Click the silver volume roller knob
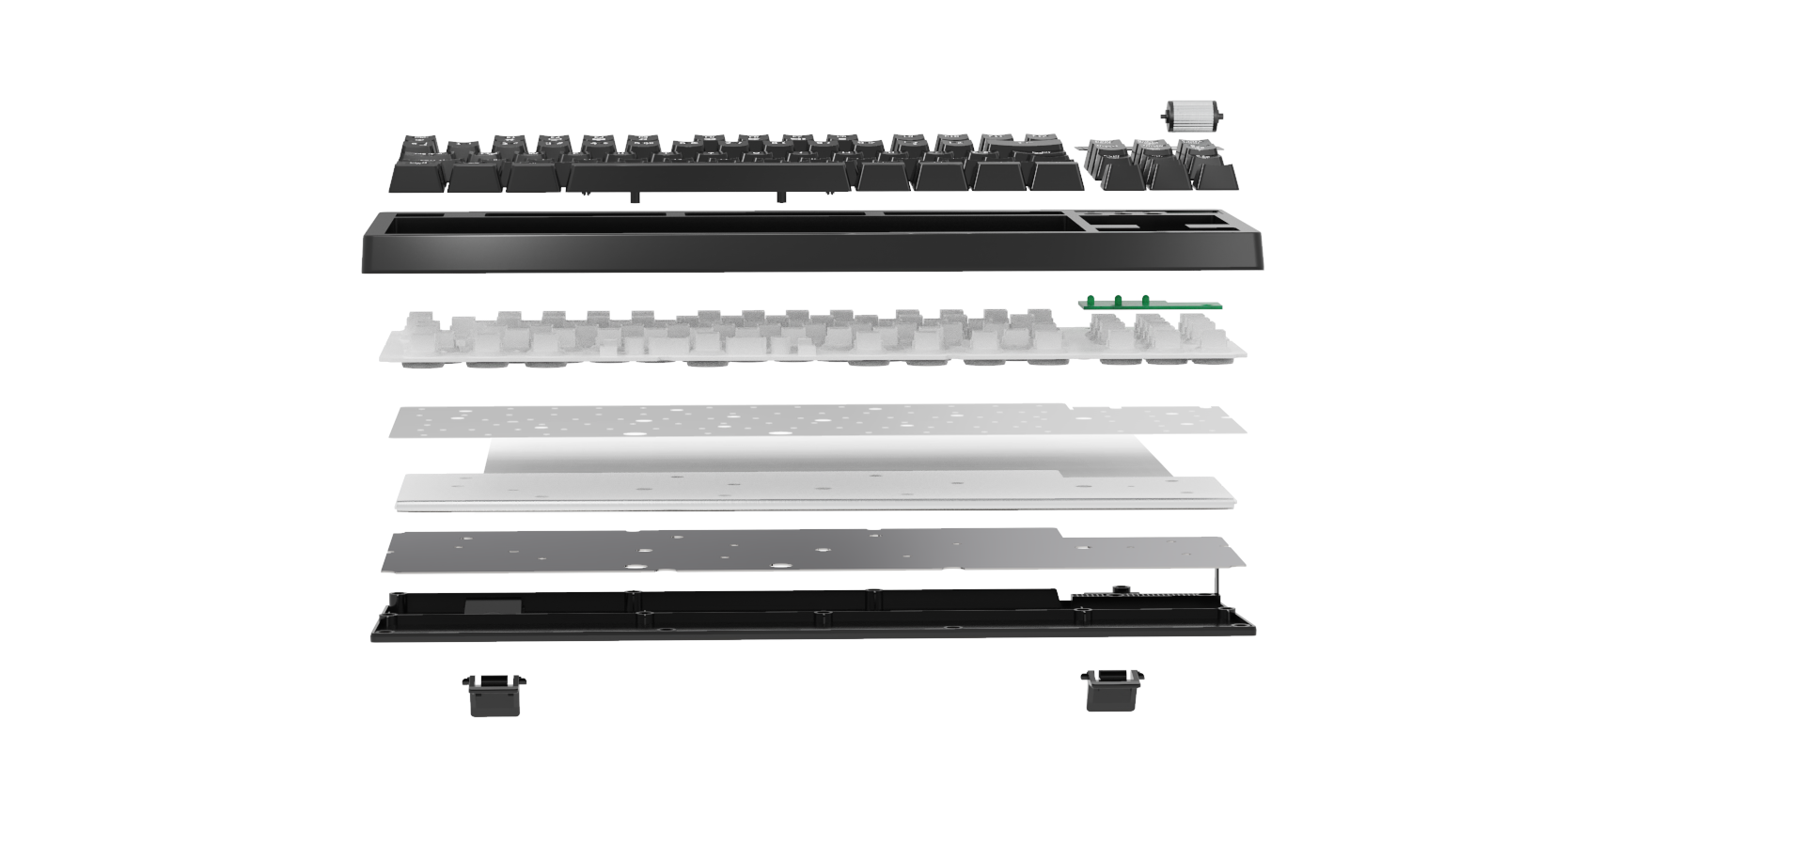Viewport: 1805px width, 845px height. [1192, 117]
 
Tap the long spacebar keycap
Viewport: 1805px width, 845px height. [713, 177]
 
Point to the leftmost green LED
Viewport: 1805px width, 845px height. [1091, 301]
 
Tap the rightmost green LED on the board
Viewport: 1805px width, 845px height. [1145, 301]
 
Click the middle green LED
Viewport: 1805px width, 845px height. [1118, 301]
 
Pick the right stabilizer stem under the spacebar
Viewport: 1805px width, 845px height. [780, 197]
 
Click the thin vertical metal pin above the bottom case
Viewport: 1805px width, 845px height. [1217, 583]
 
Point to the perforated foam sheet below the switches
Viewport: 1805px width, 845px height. [808, 420]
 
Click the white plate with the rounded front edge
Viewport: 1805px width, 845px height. [808, 493]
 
